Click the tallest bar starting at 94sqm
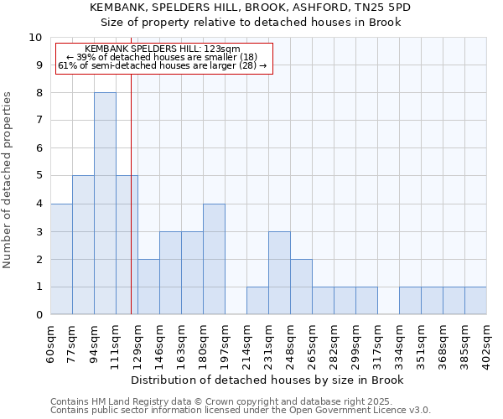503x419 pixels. (x=105, y=204)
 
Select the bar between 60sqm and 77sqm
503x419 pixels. (x=61, y=259)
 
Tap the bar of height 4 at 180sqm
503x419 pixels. (x=214, y=259)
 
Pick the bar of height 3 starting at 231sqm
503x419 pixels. (x=279, y=273)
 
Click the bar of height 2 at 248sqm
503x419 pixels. (x=301, y=287)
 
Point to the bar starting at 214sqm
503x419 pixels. (x=257, y=301)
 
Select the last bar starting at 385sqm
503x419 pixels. (x=475, y=301)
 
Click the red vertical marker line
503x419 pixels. (x=132, y=193)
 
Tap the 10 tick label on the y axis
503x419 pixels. (x=35, y=38)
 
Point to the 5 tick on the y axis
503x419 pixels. (x=39, y=176)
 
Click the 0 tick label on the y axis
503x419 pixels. (x=39, y=315)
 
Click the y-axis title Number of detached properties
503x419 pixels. (x=8, y=181)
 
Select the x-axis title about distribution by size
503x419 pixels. (x=267, y=380)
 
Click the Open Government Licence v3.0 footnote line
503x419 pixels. (x=241, y=411)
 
